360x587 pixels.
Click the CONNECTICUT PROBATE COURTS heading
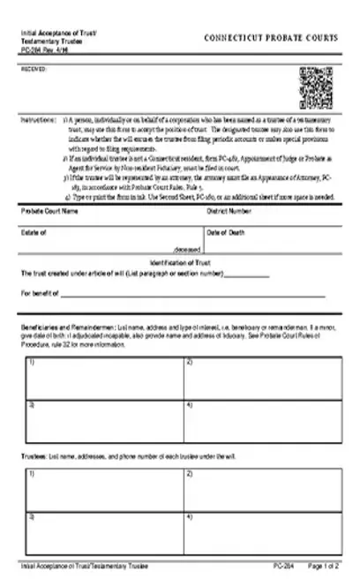pyautogui.click(x=270, y=39)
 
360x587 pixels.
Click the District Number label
pyautogui.click(x=229, y=212)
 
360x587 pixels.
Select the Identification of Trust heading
pyautogui.click(x=180, y=263)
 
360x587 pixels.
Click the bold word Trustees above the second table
pyautogui.click(x=34, y=455)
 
